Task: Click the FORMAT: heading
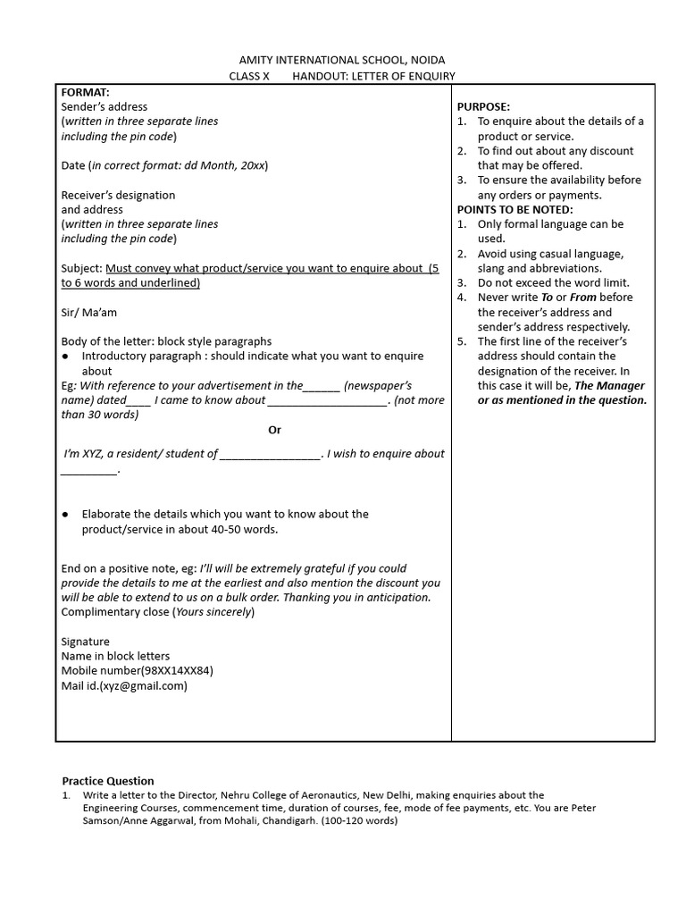tap(85, 92)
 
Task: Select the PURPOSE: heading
tap(483, 106)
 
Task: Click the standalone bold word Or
tap(274, 430)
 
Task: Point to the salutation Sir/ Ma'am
tap(88, 313)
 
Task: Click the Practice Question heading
tap(107, 780)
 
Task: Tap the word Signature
tap(85, 642)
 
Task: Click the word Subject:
tap(81, 268)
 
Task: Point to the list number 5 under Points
tap(461, 341)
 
